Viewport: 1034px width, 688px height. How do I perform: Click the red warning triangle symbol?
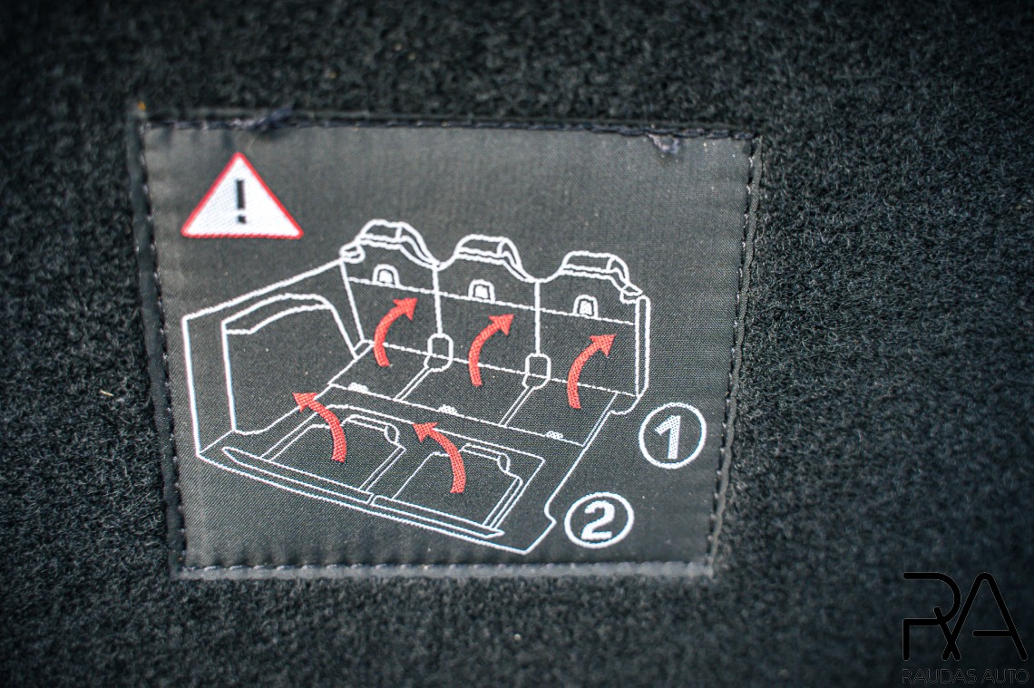(241, 200)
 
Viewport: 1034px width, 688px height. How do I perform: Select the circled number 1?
(672, 435)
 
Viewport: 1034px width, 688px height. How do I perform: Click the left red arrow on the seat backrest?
(389, 330)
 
